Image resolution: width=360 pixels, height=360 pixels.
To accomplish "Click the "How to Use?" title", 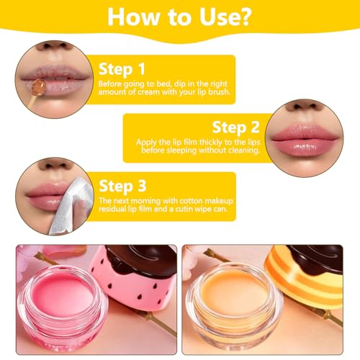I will click(180, 17).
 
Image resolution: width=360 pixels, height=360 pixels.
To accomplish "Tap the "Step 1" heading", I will click(123, 71).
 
